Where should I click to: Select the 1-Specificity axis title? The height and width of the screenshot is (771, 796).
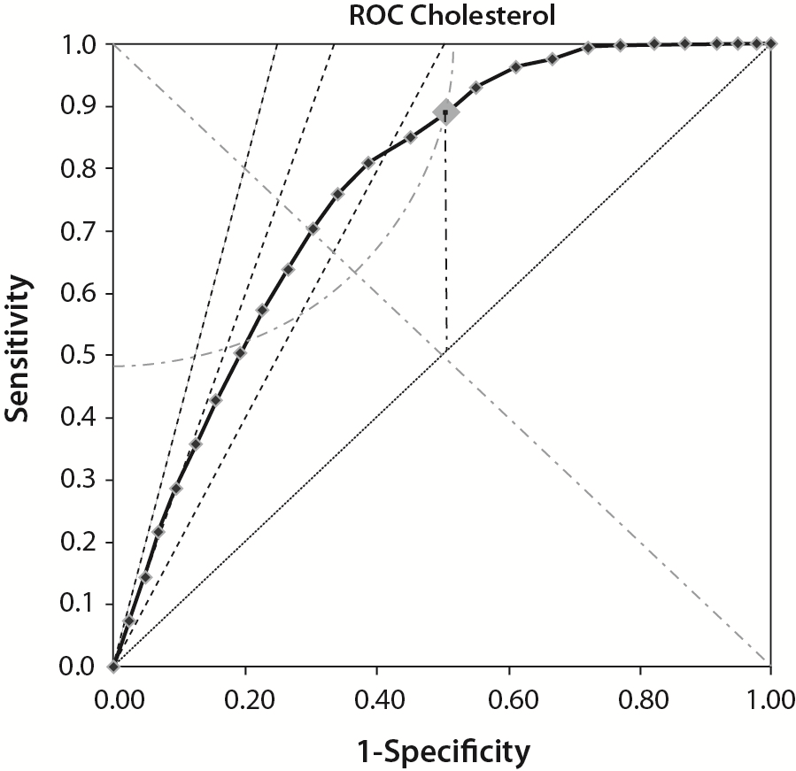440,752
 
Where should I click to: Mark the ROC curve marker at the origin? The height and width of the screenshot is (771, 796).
113,667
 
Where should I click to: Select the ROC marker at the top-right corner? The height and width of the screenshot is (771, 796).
771,43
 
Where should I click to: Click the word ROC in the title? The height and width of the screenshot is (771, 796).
376,15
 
